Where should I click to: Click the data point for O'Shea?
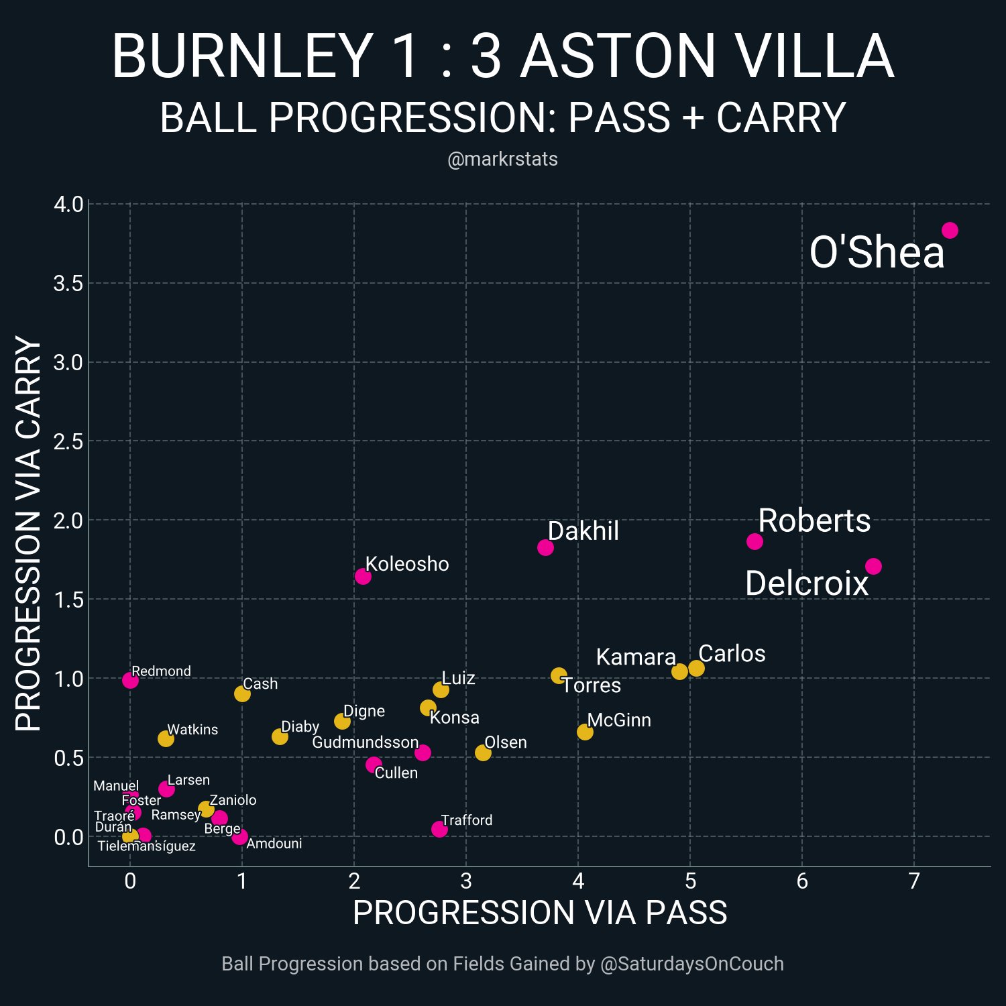[950, 230]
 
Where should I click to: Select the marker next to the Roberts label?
[754, 541]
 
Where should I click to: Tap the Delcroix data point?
[873, 567]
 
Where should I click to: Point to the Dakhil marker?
[545, 547]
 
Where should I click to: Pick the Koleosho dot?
[363, 576]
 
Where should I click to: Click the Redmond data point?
[130, 680]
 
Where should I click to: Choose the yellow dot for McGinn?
[585, 732]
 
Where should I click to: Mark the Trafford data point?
[439, 829]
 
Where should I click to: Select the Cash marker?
[242, 693]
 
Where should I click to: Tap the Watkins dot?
[166, 738]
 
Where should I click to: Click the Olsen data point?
[483, 752]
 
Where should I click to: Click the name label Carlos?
[732, 653]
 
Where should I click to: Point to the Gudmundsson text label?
[366, 742]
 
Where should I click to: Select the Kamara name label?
[636, 657]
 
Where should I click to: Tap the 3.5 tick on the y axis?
[68, 283]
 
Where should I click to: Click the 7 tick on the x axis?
[914, 881]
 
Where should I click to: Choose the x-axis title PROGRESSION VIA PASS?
[540, 913]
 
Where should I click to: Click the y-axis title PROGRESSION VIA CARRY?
[28, 534]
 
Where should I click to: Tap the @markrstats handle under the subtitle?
[502, 159]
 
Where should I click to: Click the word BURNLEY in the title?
[242, 56]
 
